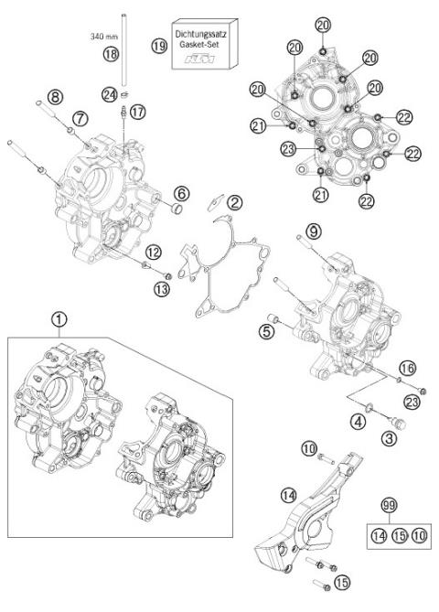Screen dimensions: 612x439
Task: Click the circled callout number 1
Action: point(59,319)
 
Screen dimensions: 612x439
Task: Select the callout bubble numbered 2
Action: point(235,202)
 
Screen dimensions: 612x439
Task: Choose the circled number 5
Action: point(267,331)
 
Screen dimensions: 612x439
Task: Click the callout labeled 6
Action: point(183,193)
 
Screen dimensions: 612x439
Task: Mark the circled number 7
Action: point(80,118)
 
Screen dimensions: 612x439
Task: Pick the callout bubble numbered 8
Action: point(56,96)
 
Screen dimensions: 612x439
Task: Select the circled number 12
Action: point(154,251)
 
